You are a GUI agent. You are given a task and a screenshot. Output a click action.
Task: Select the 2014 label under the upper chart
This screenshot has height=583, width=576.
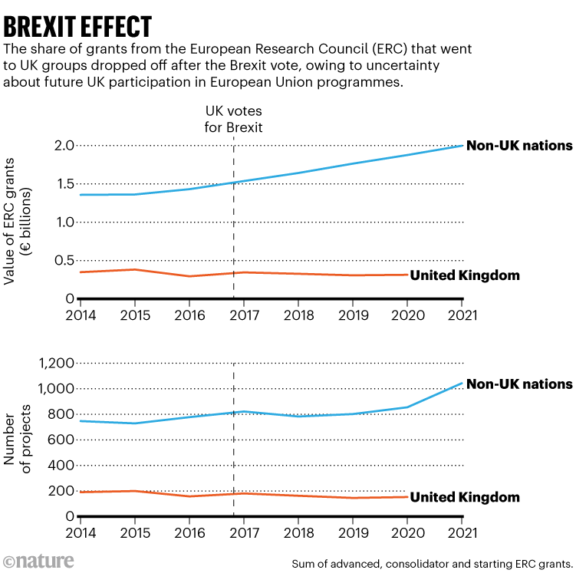click(80, 315)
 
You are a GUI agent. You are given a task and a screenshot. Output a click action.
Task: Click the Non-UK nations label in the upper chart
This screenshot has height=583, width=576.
click(519, 145)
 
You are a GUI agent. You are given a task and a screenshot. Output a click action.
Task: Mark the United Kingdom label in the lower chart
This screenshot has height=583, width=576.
click(465, 498)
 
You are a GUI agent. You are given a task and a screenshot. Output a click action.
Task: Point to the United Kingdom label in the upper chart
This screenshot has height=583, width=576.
click(465, 275)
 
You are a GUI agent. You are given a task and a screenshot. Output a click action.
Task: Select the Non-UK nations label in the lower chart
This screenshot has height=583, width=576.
click(519, 384)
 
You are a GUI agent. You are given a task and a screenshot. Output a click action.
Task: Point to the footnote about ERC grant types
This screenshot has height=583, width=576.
click(432, 565)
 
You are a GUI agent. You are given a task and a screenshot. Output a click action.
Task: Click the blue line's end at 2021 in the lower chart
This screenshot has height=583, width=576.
click(462, 383)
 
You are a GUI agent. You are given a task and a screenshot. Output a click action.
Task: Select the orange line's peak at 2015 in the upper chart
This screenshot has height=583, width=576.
click(134, 269)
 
